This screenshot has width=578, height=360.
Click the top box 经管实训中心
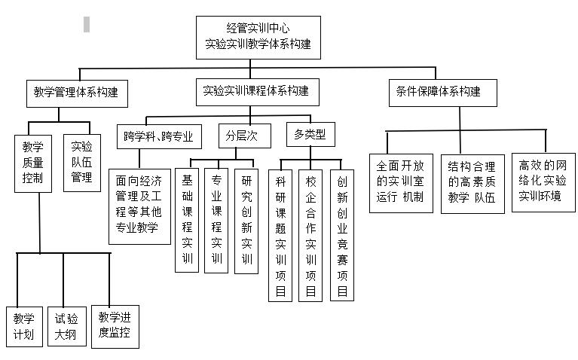coord(258,37)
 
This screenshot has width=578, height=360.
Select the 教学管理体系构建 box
coord(75,93)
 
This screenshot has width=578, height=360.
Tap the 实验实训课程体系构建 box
coord(255,91)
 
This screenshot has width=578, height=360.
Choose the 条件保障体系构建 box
coord(438,92)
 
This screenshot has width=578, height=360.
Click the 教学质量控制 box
coord(32,163)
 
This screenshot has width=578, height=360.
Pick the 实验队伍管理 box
coord(81,163)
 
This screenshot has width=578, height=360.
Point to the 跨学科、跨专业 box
coord(159,137)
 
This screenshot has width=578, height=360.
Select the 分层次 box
coord(242,137)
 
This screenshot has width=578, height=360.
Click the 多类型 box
coord(310,136)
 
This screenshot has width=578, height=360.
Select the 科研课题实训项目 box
coord(280,235)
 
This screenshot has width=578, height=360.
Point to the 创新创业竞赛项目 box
coord(341,235)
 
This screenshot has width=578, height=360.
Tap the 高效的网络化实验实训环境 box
coord(543,181)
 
